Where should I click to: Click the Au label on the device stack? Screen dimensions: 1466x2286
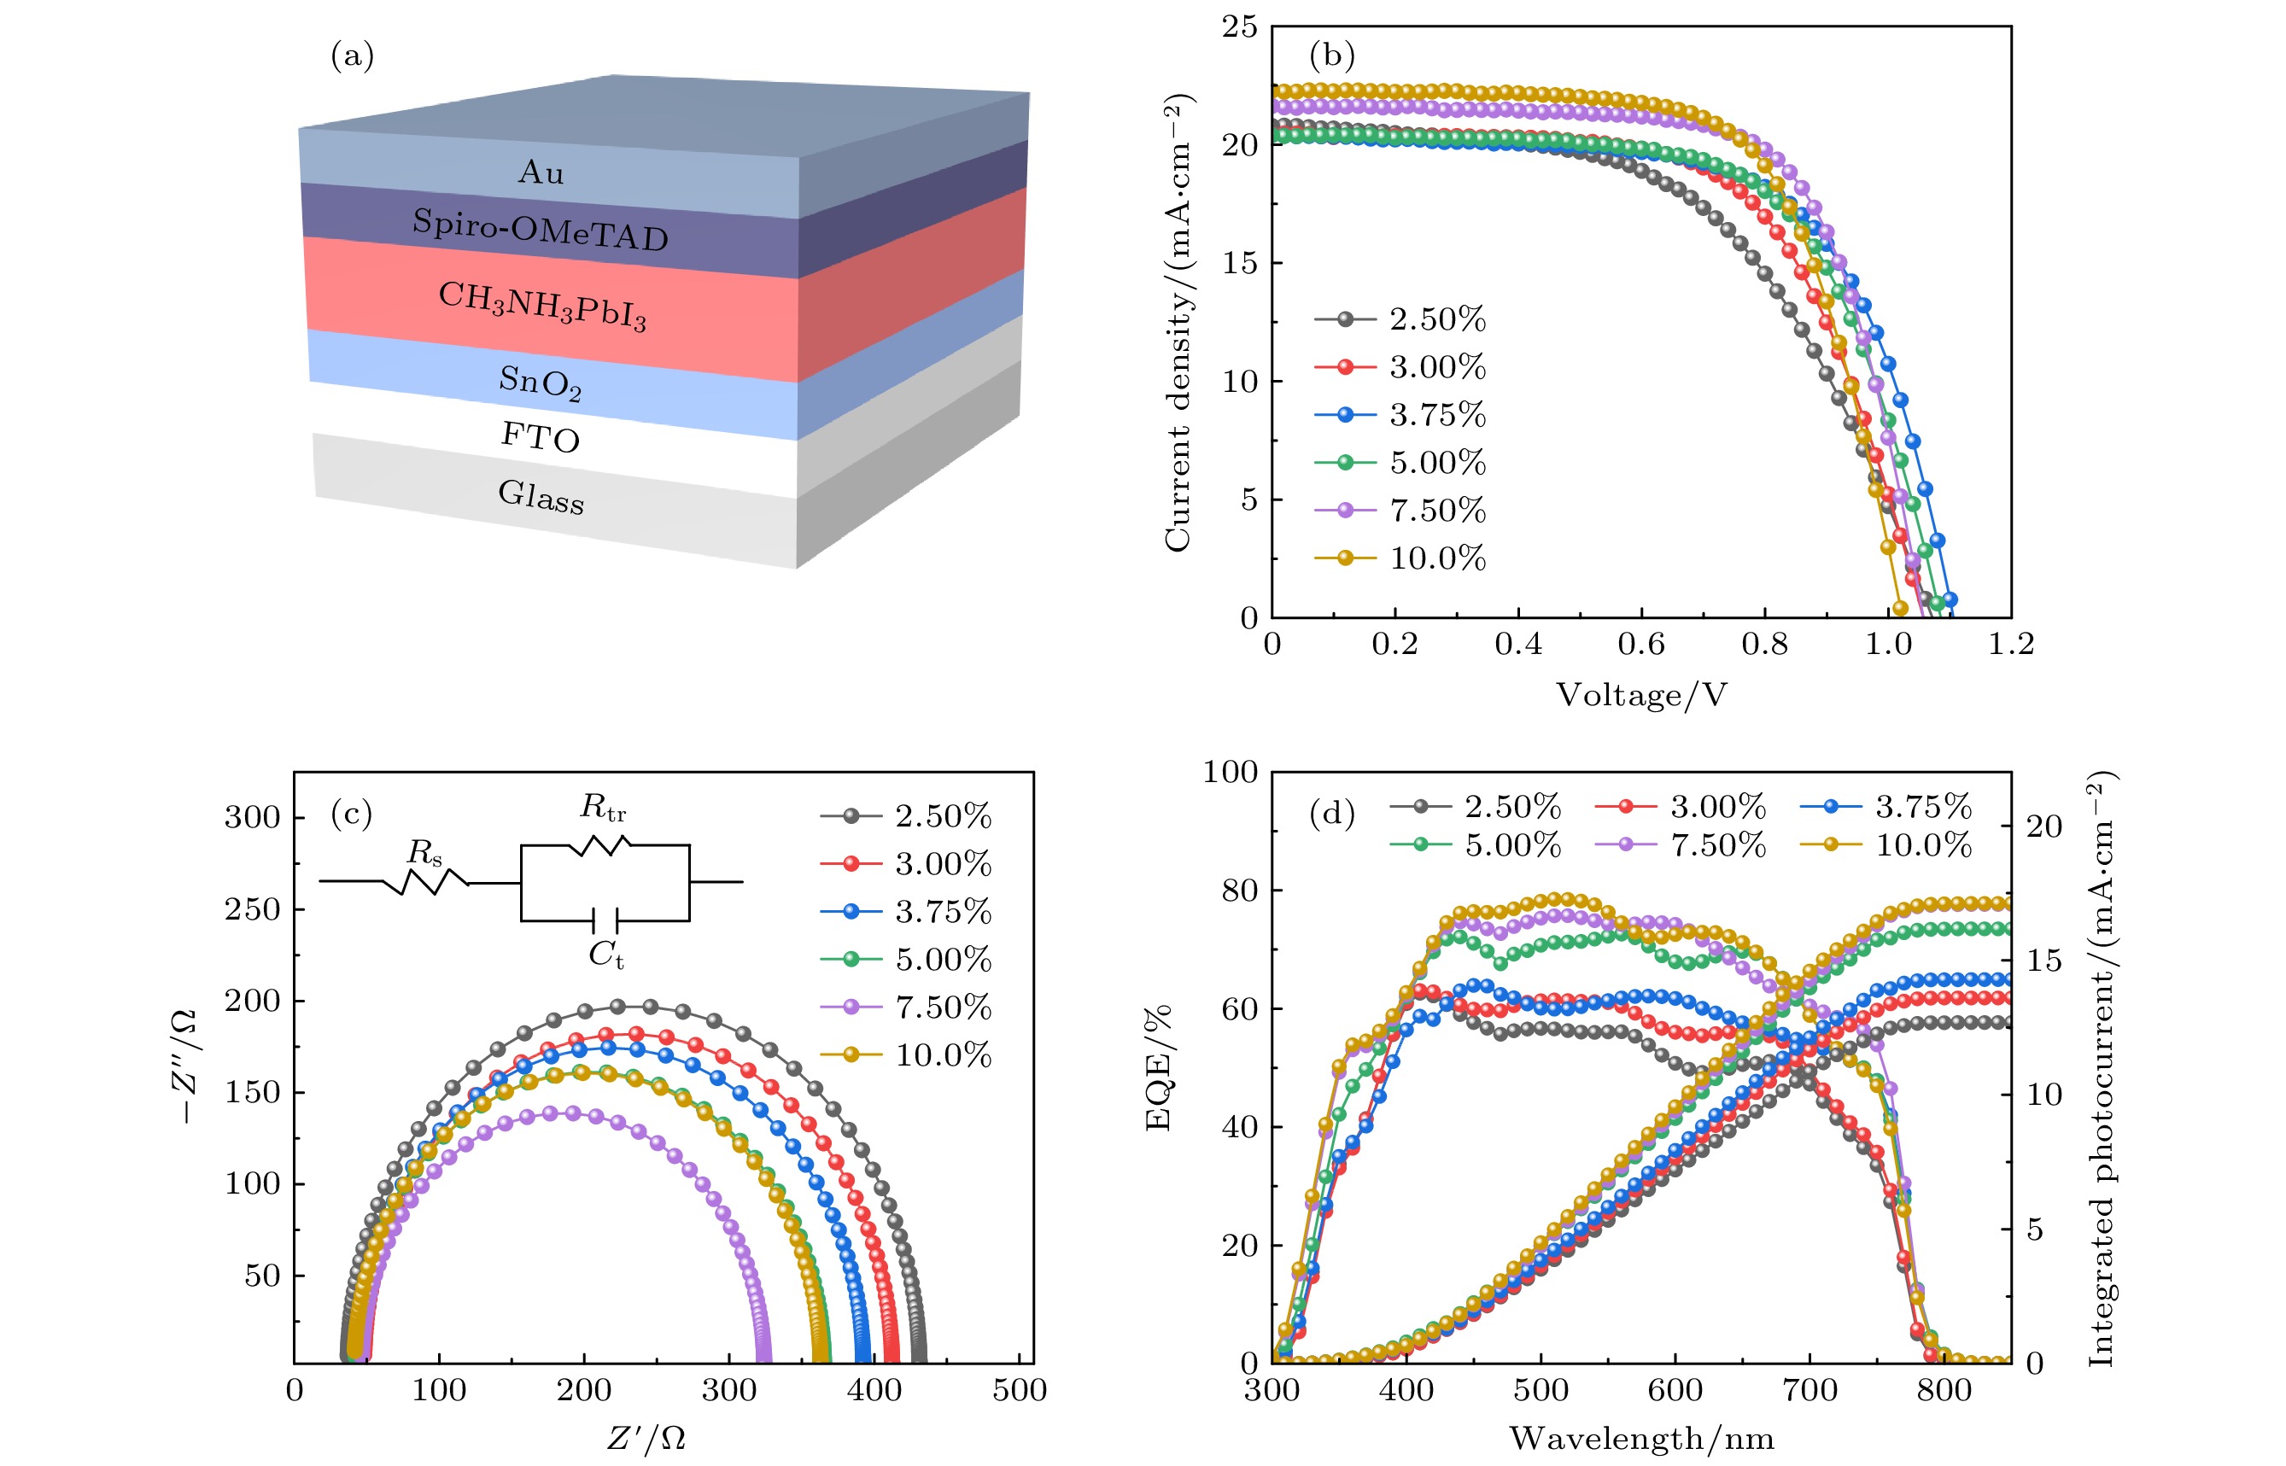[x=541, y=172]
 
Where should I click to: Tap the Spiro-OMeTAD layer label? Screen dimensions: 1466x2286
[x=540, y=230]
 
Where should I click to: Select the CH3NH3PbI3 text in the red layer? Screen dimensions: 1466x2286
[x=541, y=306]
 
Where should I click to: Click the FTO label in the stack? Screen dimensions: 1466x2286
[x=540, y=438]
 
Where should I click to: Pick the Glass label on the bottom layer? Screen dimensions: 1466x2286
[x=541, y=496]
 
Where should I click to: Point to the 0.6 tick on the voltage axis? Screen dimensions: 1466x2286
[x=1641, y=645]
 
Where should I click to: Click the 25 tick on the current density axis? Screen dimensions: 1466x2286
[x=1240, y=27]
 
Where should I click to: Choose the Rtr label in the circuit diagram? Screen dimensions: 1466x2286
[x=604, y=809]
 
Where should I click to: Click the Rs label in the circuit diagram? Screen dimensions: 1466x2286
[x=424, y=852]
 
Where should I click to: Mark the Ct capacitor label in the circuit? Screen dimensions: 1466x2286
[x=606, y=954]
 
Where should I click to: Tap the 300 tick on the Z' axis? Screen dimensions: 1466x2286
[x=728, y=1391]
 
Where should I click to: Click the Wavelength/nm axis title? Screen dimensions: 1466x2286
[x=1641, y=1439]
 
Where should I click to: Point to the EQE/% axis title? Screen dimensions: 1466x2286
[x=1158, y=1068]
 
